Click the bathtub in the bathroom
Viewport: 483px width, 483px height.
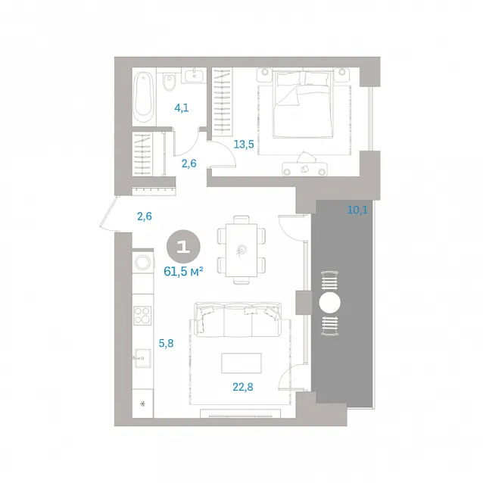point(144,97)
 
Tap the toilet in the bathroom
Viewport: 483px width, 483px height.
point(169,82)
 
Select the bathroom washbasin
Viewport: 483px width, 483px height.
point(194,75)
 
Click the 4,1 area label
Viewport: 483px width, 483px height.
point(182,108)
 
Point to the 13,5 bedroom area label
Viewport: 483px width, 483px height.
point(244,144)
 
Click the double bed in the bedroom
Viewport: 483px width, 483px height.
point(303,103)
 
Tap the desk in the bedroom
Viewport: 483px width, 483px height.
point(304,169)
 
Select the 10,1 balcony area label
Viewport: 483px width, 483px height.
point(357,210)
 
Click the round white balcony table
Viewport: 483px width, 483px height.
point(329,303)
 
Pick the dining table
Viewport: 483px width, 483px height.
point(241,250)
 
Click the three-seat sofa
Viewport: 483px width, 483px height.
point(238,319)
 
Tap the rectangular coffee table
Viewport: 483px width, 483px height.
point(241,363)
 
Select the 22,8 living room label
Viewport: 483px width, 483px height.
point(243,387)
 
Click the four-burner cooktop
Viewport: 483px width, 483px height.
point(142,316)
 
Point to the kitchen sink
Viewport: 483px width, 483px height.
point(142,358)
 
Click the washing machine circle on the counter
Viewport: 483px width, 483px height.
point(142,263)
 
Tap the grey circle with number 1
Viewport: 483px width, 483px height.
point(183,247)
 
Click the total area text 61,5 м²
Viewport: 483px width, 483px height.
point(183,272)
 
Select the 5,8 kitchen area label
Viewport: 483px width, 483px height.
point(166,343)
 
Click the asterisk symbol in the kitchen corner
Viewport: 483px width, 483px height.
point(142,404)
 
